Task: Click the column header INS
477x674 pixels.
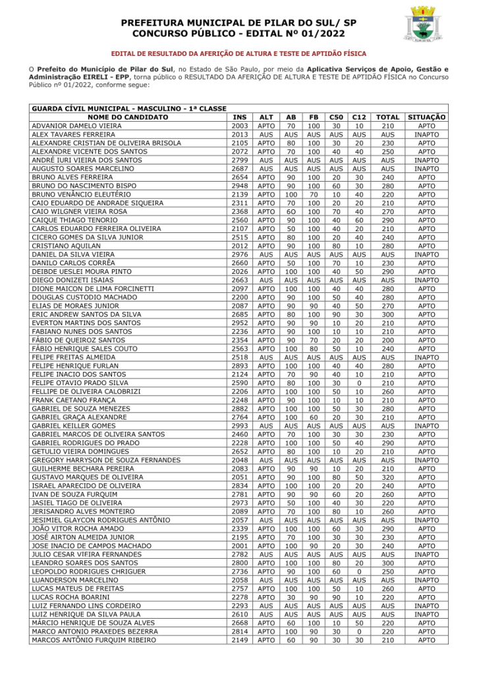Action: click(240, 117)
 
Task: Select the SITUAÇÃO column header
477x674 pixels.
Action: click(426, 117)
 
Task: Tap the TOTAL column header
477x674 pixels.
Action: click(387, 117)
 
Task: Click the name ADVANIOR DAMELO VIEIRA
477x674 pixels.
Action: click(76, 126)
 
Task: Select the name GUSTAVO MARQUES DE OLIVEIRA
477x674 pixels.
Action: click(88, 477)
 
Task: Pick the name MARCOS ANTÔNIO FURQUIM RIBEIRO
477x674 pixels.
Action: click(94, 640)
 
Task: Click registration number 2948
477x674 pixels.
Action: click(240, 186)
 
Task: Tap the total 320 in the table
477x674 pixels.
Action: click(387, 477)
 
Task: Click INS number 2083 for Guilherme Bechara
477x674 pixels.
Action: click(240, 469)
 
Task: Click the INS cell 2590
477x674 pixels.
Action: click(240, 382)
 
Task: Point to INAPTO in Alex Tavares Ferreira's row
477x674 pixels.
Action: click(426, 134)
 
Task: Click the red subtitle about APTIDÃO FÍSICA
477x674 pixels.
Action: click(238, 53)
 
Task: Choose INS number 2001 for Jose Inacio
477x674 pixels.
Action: click(240, 546)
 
